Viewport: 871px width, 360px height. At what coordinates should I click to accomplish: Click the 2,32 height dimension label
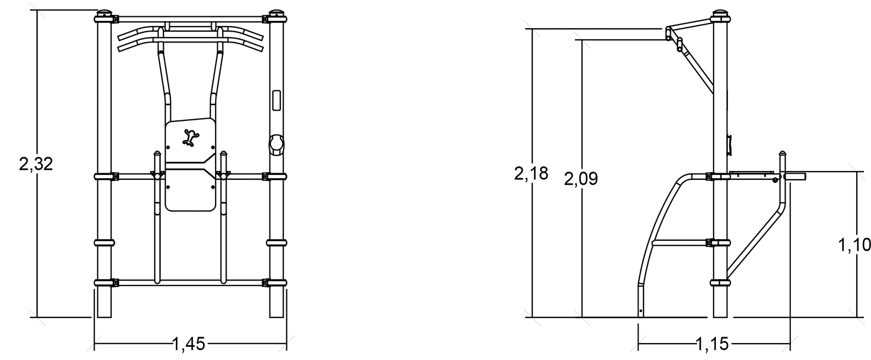coord(36,164)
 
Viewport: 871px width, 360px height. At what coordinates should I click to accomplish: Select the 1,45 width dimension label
coord(188,344)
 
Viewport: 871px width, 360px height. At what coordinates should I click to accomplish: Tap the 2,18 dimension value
coord(531,174)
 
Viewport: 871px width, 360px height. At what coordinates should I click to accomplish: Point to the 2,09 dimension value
coord(581,179)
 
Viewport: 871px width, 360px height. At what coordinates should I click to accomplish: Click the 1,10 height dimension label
coord(854,245)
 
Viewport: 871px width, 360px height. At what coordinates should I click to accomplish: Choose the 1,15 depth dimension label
coord(713,344)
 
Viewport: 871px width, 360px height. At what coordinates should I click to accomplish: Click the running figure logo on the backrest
coord(191,138)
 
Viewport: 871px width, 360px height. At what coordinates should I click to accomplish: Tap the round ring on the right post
coord(277,145)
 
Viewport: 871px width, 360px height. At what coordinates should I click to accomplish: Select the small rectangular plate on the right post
coord(277,100)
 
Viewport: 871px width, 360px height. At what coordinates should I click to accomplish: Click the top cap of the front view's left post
coord(104,13)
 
